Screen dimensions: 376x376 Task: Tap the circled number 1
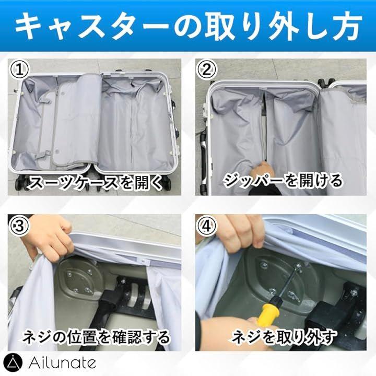pos(19,70)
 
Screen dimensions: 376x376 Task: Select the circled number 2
pos(206,70)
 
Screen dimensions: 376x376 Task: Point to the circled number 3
pos(19,226)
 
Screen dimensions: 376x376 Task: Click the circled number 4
pos(206,226)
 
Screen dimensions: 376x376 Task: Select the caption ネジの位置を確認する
pos(96,336)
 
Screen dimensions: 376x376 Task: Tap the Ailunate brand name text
pos(62,363)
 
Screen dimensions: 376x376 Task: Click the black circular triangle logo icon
pos(13,363)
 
